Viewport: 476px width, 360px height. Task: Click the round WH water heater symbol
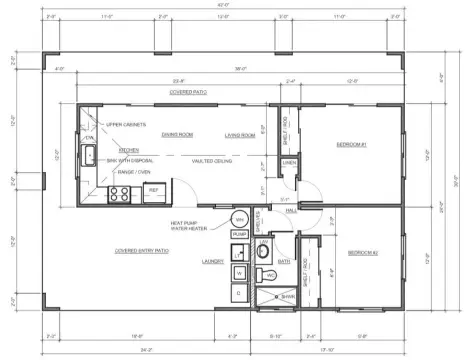coord(239,219)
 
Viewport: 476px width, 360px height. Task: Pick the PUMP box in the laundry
coord(239,235)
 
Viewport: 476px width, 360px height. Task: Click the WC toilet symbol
coord(271,273)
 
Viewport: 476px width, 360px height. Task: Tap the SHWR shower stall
coord(285,296)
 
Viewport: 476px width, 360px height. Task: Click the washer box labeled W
coord(239,272)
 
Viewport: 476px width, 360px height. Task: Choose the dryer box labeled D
coord(239,292)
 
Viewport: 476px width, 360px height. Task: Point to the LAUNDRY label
coord(211,262)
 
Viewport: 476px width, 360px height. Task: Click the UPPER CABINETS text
coord(126,124)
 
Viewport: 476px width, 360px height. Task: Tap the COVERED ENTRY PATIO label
coord(142,251)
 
